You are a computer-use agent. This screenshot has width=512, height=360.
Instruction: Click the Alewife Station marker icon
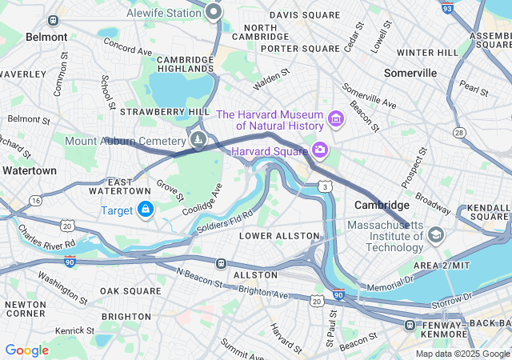214,12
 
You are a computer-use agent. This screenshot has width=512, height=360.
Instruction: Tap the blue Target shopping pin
145,210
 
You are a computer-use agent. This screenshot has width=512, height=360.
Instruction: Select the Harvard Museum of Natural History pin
335,121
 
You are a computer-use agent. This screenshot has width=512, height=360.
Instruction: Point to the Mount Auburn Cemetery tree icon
198,142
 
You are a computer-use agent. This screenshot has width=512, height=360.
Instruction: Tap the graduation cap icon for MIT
435,234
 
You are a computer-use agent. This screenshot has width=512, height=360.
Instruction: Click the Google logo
26,350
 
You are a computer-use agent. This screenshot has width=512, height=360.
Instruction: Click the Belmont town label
46,37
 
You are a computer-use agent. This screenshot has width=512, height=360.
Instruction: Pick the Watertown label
29,170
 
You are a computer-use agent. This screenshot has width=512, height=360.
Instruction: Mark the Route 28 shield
458,131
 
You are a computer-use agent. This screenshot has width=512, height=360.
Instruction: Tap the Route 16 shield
34,198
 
